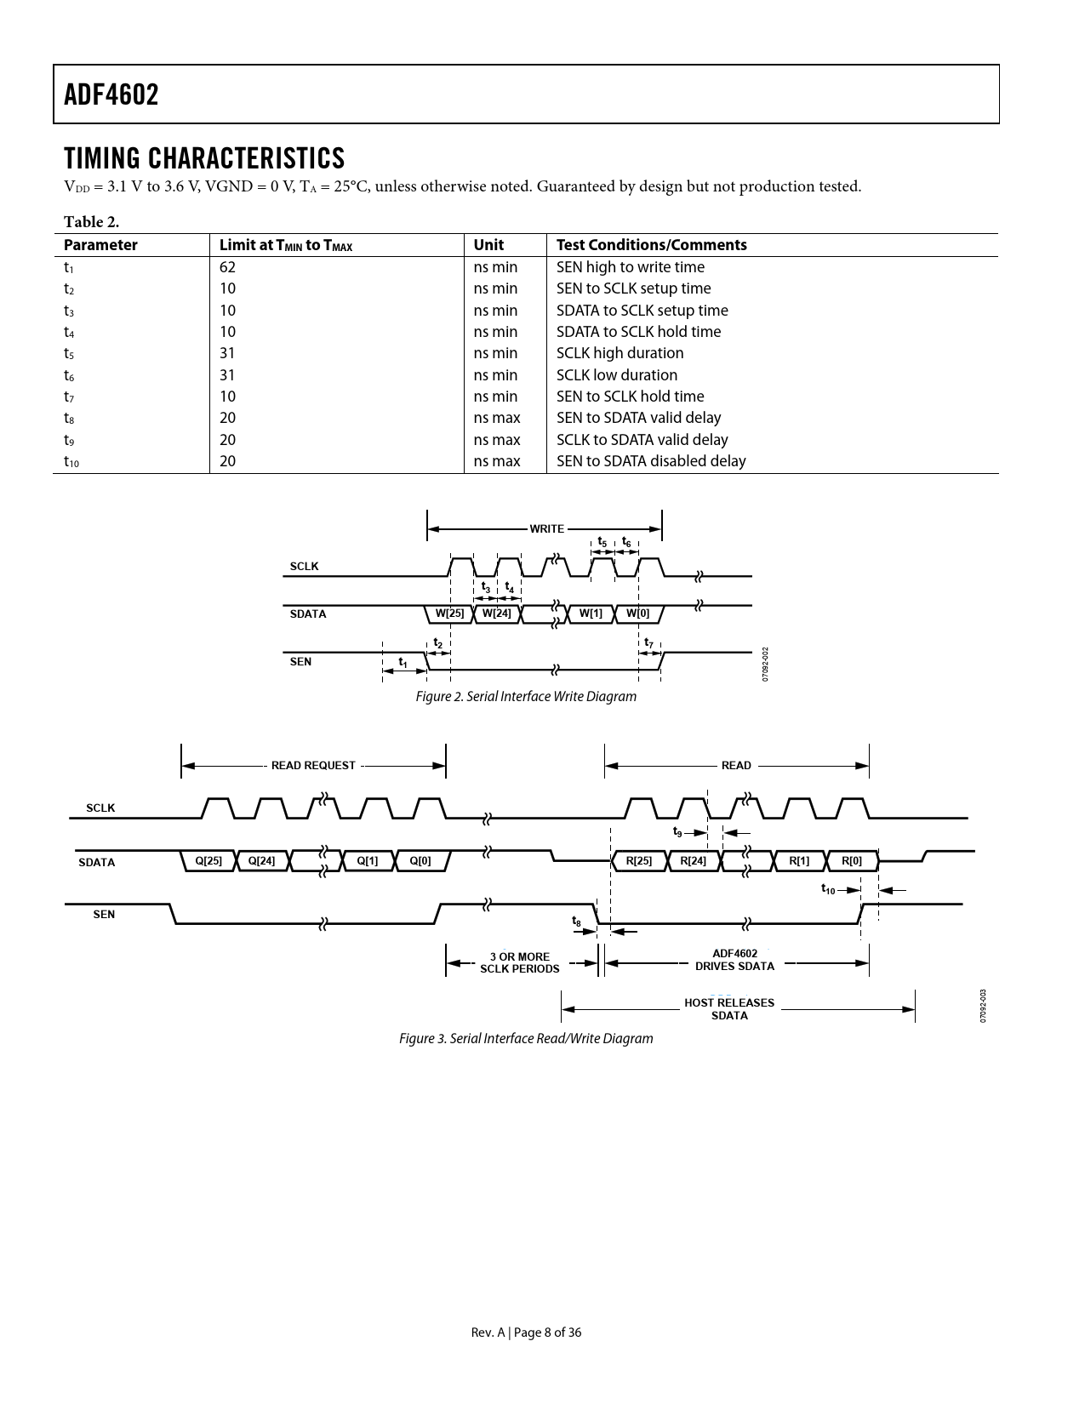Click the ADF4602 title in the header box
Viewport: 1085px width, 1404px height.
point(111,94)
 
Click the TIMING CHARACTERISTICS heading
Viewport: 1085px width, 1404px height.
point(204,158)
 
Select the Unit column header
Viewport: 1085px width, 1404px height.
point(488,245)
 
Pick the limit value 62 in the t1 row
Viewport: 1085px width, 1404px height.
point(227,267)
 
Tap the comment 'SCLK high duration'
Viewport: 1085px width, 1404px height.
point(620,353)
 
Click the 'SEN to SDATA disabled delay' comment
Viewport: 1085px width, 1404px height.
point(651,461)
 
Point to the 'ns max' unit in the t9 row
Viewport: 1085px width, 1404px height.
point(496,440)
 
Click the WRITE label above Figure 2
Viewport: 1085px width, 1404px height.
point(546,528)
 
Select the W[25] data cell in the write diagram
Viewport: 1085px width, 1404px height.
point(449,613)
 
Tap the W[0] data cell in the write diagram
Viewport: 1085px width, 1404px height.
point(637,613)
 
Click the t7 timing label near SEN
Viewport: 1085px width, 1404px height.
point(648,642)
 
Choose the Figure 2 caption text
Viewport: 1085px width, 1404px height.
point(526,697)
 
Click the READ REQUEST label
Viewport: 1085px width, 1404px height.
point(313,765)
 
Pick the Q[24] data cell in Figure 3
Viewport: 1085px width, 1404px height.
point(261,860)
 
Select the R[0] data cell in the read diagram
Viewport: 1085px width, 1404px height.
point(852,860)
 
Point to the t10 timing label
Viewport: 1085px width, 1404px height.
point(828,888)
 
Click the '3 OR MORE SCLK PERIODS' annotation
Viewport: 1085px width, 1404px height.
point(520,962)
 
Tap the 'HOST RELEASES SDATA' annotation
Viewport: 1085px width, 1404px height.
point(729,1009)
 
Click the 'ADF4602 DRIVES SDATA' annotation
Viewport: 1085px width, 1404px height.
point(734,960)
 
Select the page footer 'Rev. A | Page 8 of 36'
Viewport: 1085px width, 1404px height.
point(526,1333)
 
